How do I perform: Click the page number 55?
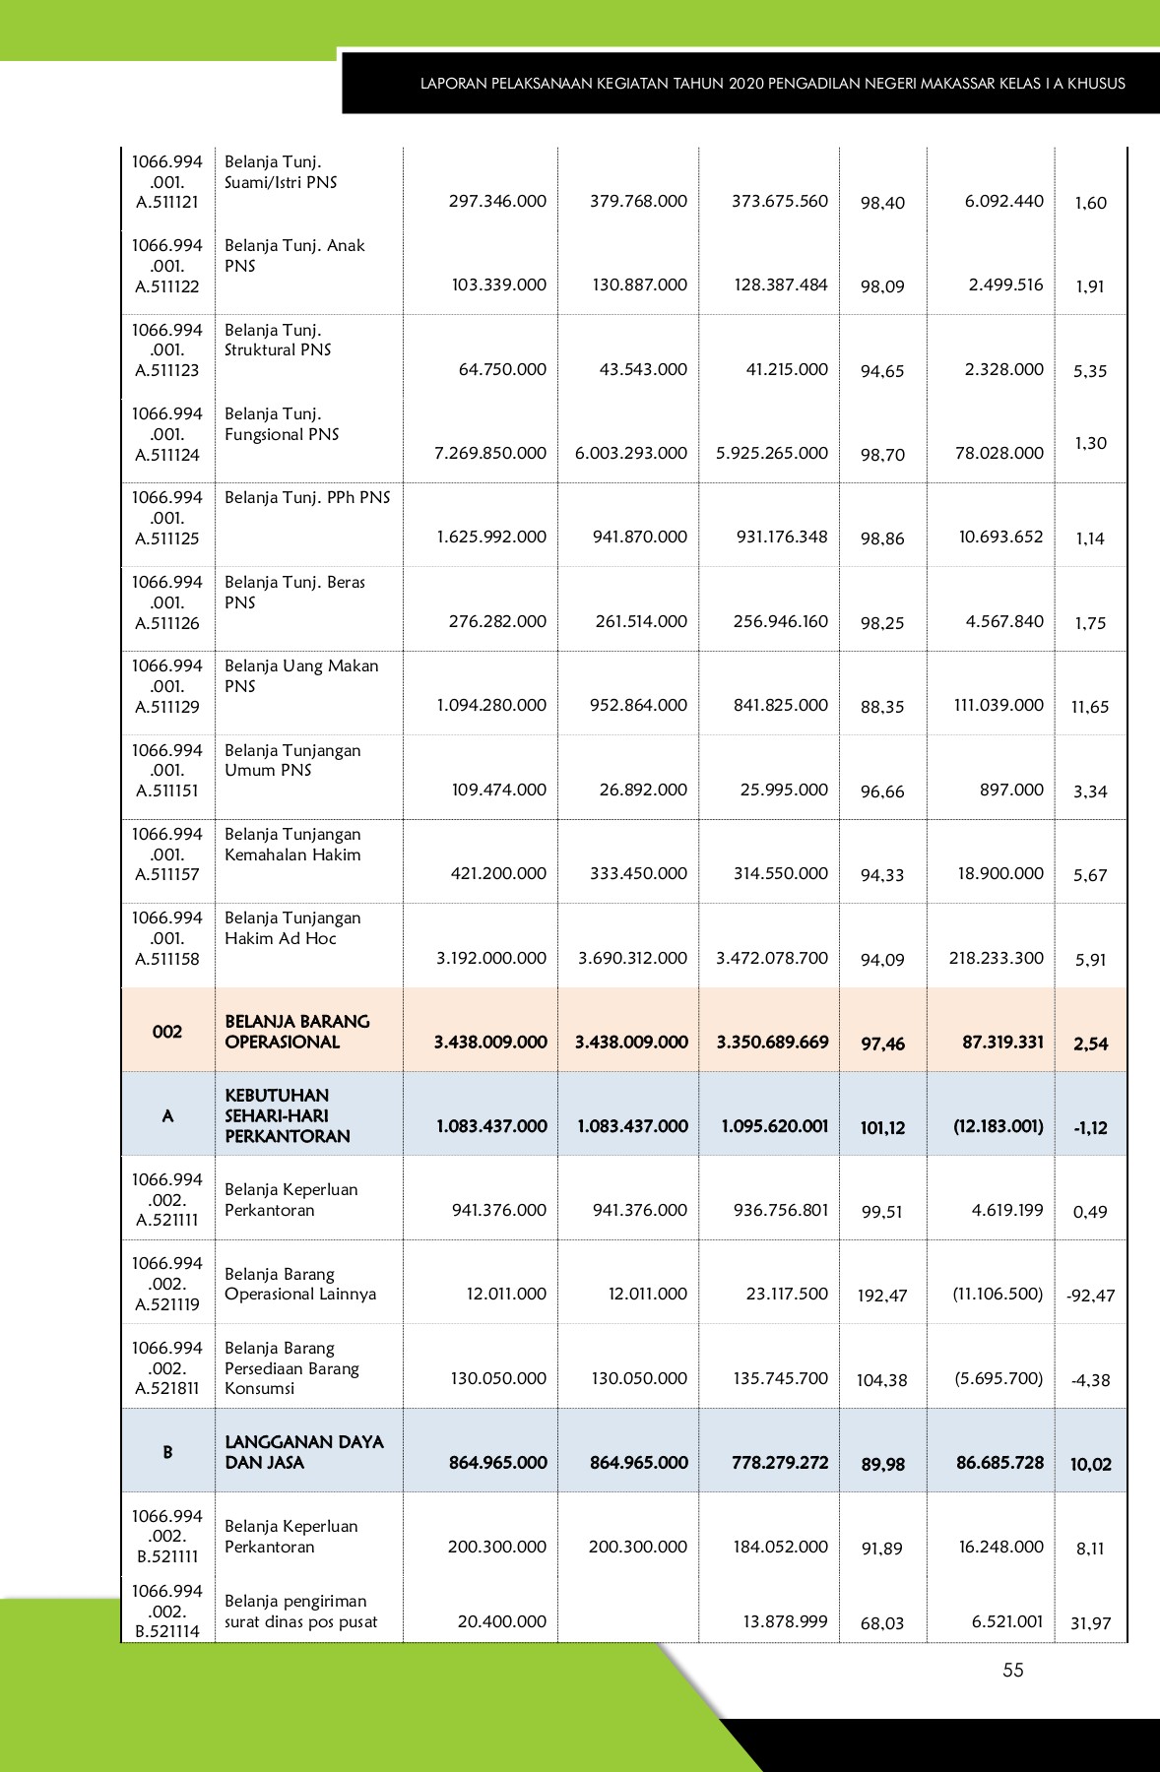(x=1013, y=1670)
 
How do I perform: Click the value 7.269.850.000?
(x=490, y=453)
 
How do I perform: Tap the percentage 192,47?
(x=881, y=1296)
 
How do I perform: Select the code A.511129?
(x=167, y=707)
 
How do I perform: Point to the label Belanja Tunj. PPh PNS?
(x=307, y=498)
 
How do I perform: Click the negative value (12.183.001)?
(x=999, y=1125)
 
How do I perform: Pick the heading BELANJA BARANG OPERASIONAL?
(x=296, y=1032)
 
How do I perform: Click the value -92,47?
(x=1090, y=1296)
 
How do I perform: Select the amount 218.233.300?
(x=997, y=958)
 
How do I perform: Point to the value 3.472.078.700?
(x=772, y=958)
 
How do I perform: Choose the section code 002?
(x=167, y=1032)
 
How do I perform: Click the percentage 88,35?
(x=881, y=707)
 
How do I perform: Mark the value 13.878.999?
(x=785, y=1621)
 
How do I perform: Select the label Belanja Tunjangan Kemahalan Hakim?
(x=292, y=845)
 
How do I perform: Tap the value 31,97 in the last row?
(x=1090, y=1623)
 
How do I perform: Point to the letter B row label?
(x=167, y=1452)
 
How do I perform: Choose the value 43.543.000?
(x=643, y=369)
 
